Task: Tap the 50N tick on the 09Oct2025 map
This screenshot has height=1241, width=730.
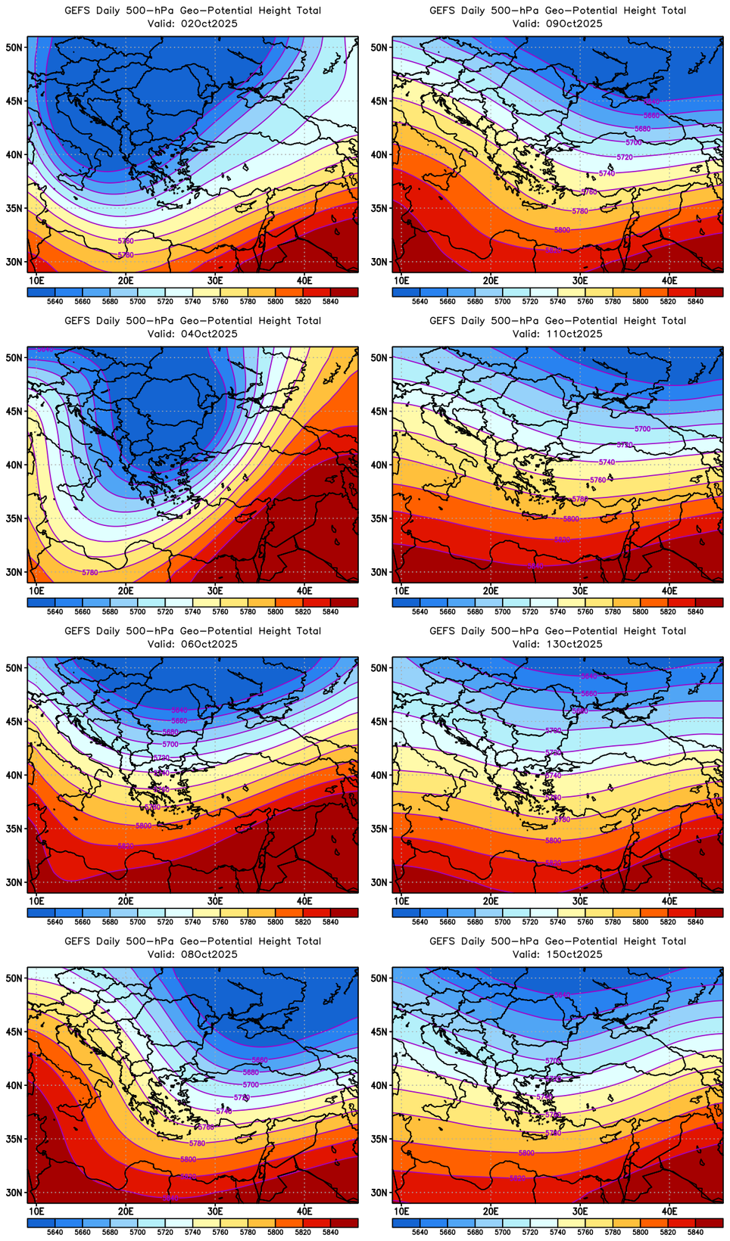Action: [379, 47]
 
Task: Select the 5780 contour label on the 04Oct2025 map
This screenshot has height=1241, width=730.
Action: [89, 572]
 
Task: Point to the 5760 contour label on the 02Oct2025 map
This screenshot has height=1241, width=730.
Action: [126, 241]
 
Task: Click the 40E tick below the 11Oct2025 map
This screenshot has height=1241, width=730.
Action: [669, 590]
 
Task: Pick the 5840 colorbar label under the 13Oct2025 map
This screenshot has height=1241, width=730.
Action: [695, 922]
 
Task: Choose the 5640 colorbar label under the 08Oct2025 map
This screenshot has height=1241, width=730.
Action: [55, 1232]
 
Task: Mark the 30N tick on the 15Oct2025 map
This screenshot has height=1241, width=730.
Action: [379, 1193]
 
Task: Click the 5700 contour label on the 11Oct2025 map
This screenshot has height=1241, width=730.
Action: [642, 429]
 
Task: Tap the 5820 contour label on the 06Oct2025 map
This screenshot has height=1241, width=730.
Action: [126, 846]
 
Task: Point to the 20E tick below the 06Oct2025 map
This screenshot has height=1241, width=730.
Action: [126, 900]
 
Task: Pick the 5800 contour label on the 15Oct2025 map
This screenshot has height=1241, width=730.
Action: [526, 1153]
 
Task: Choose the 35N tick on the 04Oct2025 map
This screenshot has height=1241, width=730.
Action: [14, 519]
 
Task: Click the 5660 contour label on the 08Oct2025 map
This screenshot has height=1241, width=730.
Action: [260, 1060]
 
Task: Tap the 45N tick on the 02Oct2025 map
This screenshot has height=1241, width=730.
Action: [14, 101]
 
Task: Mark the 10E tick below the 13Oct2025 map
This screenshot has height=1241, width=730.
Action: [401, 900]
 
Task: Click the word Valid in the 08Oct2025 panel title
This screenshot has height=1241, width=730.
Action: [161, 954]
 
